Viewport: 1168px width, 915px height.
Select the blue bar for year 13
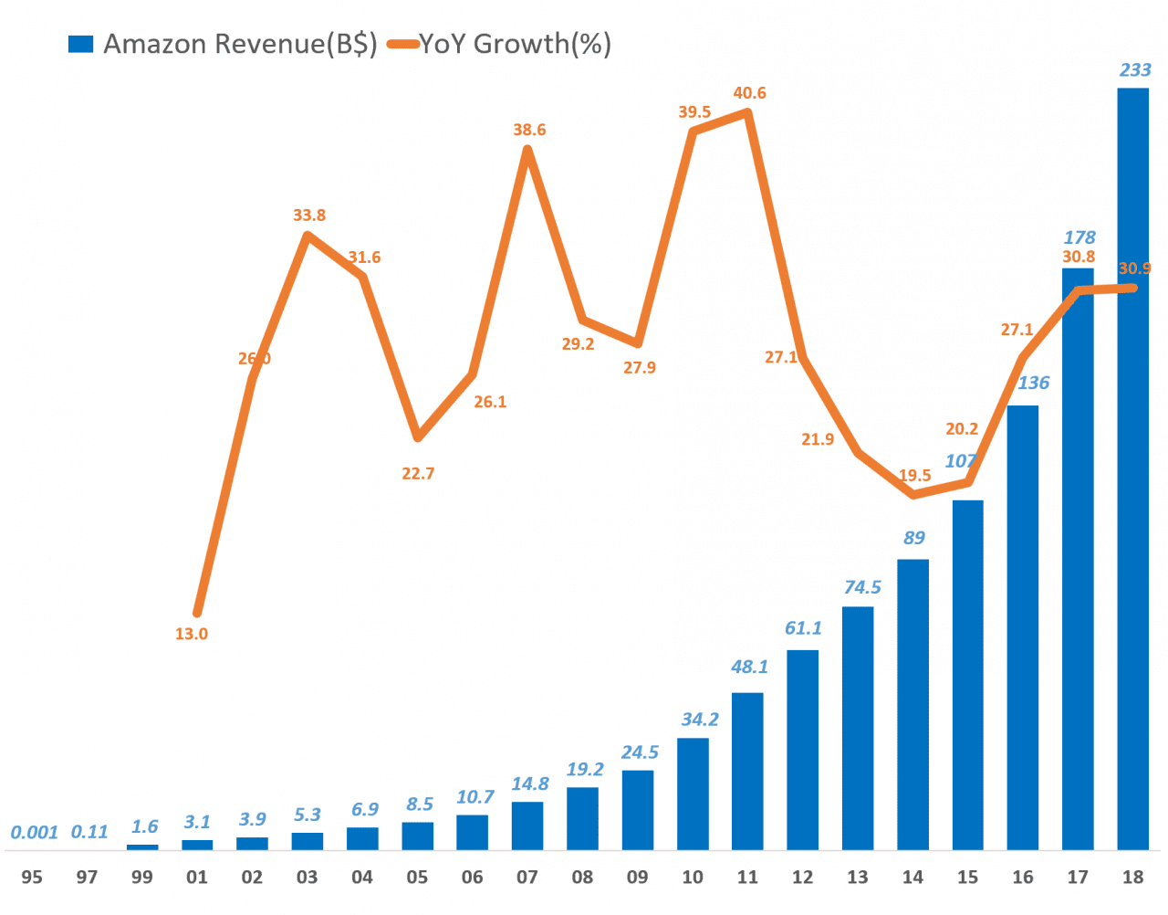[858, 728]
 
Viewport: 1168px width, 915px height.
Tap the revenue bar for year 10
[693, 794]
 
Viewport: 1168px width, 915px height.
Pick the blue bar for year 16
[1023, 627]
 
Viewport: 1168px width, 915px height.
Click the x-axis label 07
[527, 878]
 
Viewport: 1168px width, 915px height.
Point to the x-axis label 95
[32, 878]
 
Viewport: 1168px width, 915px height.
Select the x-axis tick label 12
[802, 878]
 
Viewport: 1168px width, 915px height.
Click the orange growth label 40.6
[749, 93]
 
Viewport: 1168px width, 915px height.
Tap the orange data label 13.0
[192, 634]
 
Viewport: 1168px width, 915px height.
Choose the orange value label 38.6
[529, 130]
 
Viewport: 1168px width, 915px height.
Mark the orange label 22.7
[418, 474]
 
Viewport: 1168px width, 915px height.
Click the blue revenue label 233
[1135, 70]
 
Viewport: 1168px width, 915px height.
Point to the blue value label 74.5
[862, 587]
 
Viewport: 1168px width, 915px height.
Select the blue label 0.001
[34, 833]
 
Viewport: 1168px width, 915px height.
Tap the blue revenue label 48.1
[749, 668]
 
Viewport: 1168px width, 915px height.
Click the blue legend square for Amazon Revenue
[81, 44]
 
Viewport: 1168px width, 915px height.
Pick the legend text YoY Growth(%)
[515, 44]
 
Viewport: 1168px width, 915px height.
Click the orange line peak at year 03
[308, 237]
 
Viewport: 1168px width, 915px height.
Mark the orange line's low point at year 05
[418, 437]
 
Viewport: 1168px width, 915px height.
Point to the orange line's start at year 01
[197, 613]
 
